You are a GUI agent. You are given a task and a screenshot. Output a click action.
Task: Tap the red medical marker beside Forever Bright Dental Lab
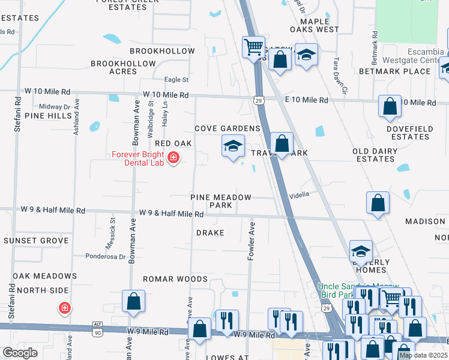[173, 158]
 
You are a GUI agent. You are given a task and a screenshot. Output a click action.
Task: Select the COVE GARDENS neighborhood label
[228, 128]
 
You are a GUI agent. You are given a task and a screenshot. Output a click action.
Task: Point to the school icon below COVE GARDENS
[233, 146]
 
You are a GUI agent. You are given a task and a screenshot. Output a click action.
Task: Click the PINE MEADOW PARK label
[221, 201]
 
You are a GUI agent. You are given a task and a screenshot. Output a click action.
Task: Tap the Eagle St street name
[176, 80]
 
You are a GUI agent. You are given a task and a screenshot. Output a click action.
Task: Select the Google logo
[20, 353]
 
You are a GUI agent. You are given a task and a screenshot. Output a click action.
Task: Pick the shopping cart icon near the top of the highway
[253, 46]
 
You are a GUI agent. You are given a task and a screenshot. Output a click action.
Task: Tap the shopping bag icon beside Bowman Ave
[133, 301]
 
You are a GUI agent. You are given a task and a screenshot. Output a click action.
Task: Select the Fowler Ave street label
[252, 241]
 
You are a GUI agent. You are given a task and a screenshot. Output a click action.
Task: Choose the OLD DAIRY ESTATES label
[375, 155]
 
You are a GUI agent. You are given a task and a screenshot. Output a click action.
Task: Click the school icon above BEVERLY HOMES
[361, 251]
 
